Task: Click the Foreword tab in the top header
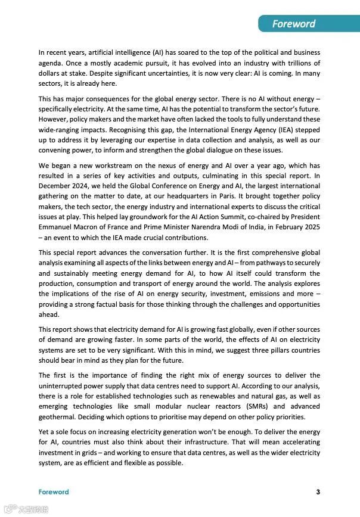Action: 294,24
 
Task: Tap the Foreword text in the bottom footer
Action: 54,492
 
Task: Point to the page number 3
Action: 318,492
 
